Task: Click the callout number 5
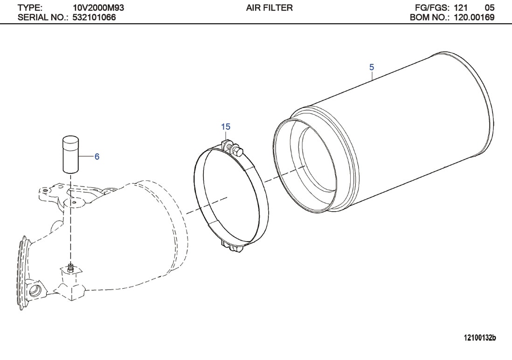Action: pos(371,67)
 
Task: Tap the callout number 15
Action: pos(226,126)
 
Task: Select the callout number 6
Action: pos(97,157)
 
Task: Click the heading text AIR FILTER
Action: pos(269,8)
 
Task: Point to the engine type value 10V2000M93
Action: pos(98,8)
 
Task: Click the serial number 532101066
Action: pos(94,18)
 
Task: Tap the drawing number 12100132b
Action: pos(479,337)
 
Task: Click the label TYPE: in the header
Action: pos(30,8)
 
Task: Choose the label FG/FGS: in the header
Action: pos(431,8)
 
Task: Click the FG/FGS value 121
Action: pos(461,8)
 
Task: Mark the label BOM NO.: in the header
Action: pos(429,18)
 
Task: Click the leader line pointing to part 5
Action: pos(373,76)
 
